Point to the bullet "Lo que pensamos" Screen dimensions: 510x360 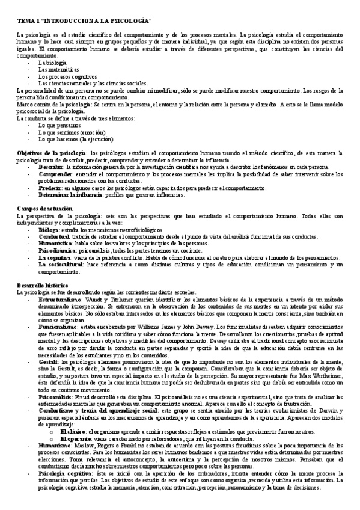click(58, 124)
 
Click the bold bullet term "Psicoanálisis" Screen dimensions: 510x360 click(56, 398)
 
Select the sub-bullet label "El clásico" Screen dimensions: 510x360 click(74, 432)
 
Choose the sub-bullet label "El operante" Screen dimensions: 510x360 click(76, 438)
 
